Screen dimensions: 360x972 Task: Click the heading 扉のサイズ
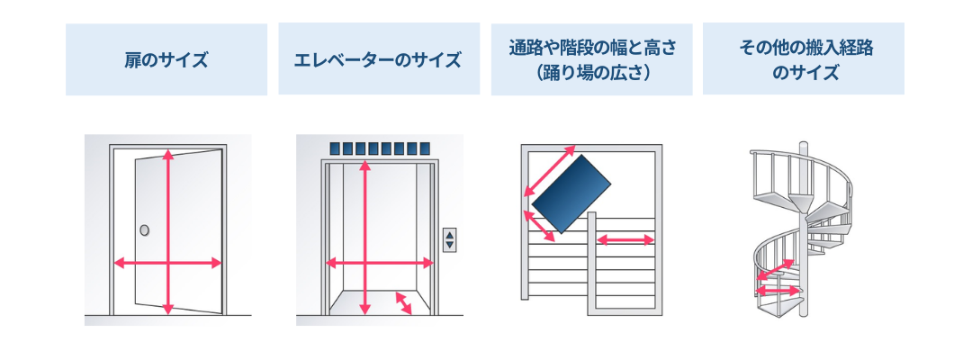[x=166, y=61]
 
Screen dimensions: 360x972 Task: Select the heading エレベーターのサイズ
[x=378, y=61]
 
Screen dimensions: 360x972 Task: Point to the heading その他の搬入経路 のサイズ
[x=804, y=60]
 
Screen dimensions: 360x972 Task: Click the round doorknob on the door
[x=144, y=231]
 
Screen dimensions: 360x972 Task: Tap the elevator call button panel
[x=449, y=239]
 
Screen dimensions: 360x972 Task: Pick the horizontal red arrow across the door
[x=167, y=263]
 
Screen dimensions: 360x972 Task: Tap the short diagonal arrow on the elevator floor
[x=403, y=302]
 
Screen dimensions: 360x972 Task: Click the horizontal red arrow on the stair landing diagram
[x=625, y=239]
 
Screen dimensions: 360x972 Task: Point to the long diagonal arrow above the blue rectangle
[x=549, y=168]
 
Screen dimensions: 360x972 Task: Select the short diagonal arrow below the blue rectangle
[x=538, y=225]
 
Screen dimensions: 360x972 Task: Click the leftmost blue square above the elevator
[x=335, y=148]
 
